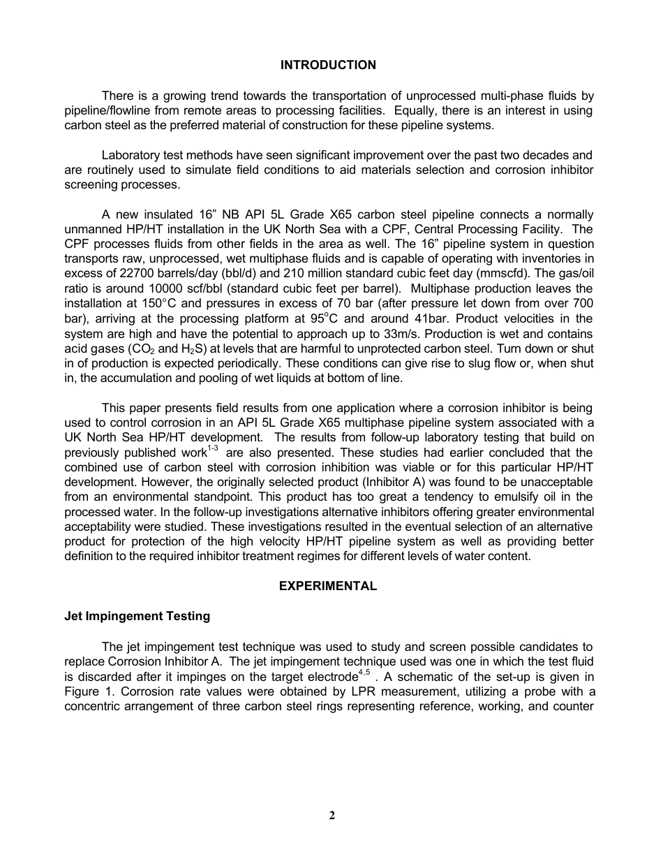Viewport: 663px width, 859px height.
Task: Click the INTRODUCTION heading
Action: click(x=328, y=65)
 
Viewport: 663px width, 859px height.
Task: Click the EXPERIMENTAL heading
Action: click(x=328, y=586)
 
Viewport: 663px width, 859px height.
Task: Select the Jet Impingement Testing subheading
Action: click(x=137, y=616)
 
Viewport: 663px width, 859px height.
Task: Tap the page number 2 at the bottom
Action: click(x=332, y=815)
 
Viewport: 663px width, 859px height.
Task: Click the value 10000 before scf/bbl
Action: click(x=148, y=288)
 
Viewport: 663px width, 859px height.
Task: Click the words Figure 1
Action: click(x=87, y=691)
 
